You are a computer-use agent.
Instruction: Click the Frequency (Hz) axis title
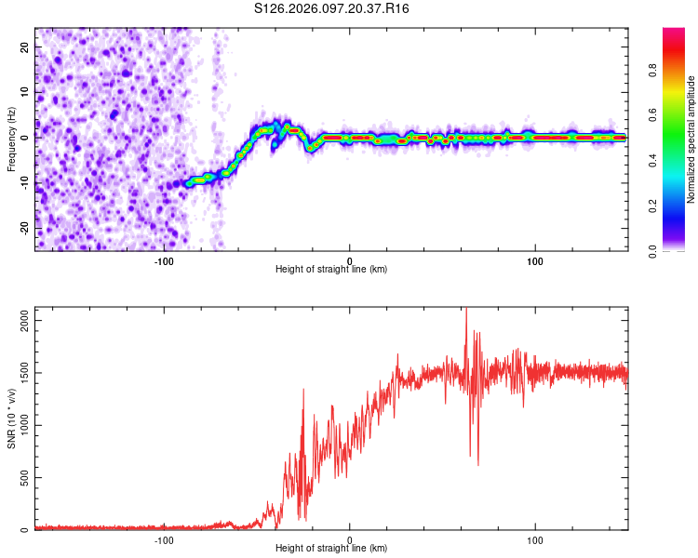coord(11,139)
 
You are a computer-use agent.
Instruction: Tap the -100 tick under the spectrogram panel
coord(165,260)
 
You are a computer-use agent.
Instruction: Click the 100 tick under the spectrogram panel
coord(534,260)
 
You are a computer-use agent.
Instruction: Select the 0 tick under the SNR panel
coord(350,539)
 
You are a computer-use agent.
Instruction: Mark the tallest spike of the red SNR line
coord(466,310)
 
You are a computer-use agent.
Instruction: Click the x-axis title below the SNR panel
coord(331,549)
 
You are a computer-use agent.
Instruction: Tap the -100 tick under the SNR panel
coord(165,539)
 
